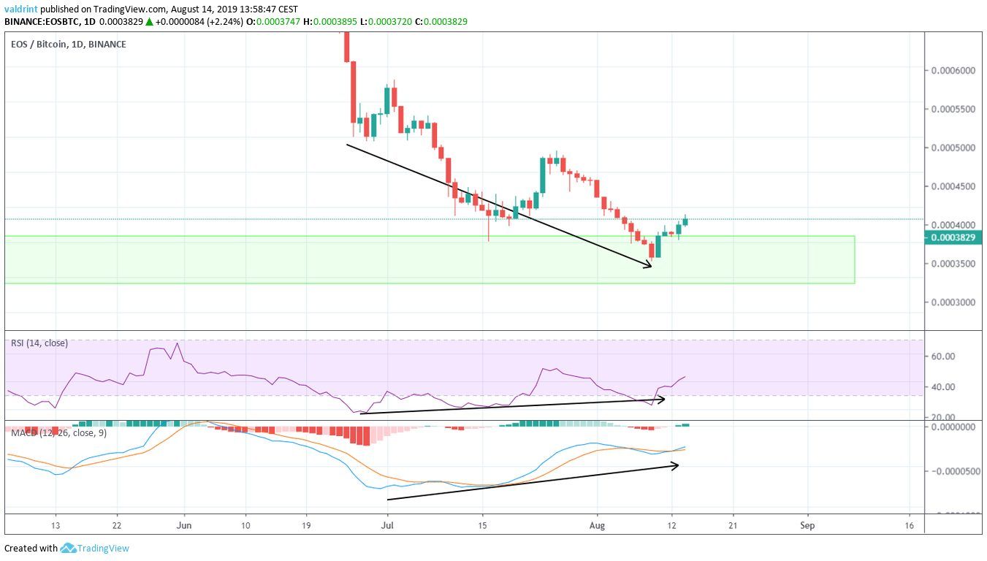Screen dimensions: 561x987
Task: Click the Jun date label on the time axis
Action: [184, 525]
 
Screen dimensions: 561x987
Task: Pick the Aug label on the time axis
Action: [598, 525]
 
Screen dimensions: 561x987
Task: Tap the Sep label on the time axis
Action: [807, 525]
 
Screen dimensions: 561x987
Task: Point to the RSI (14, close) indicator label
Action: [39, 343]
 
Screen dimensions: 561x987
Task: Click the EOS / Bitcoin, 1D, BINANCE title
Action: [69, 45]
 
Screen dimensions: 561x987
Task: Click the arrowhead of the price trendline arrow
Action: [649, 267]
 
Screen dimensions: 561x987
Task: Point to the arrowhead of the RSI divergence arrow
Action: [662, 399]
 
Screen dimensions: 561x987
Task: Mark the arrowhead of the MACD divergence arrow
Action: [676, 465]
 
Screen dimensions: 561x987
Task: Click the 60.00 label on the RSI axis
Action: [944, 356]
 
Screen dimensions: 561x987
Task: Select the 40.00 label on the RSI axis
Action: [944, 387]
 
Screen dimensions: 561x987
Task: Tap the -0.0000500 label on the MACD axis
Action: [954, 471]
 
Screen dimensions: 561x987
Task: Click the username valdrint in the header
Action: [20, 9]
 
